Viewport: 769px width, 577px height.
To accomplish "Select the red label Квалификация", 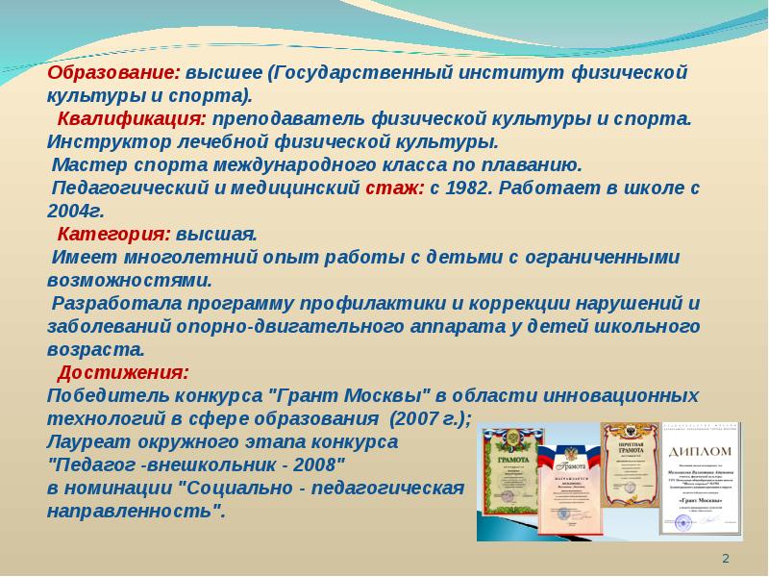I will tap(131, 119).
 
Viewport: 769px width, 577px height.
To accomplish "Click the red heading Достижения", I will tap(123, 372).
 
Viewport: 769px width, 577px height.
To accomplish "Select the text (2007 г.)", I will tap(429, 418).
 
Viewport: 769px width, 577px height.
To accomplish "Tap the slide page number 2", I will tap(726, 560).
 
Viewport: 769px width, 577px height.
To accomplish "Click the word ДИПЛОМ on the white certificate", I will tap(701, 451).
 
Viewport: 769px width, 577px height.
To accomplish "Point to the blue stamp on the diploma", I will tap(684, 520).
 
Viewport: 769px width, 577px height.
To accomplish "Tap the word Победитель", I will tap(100, 395).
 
